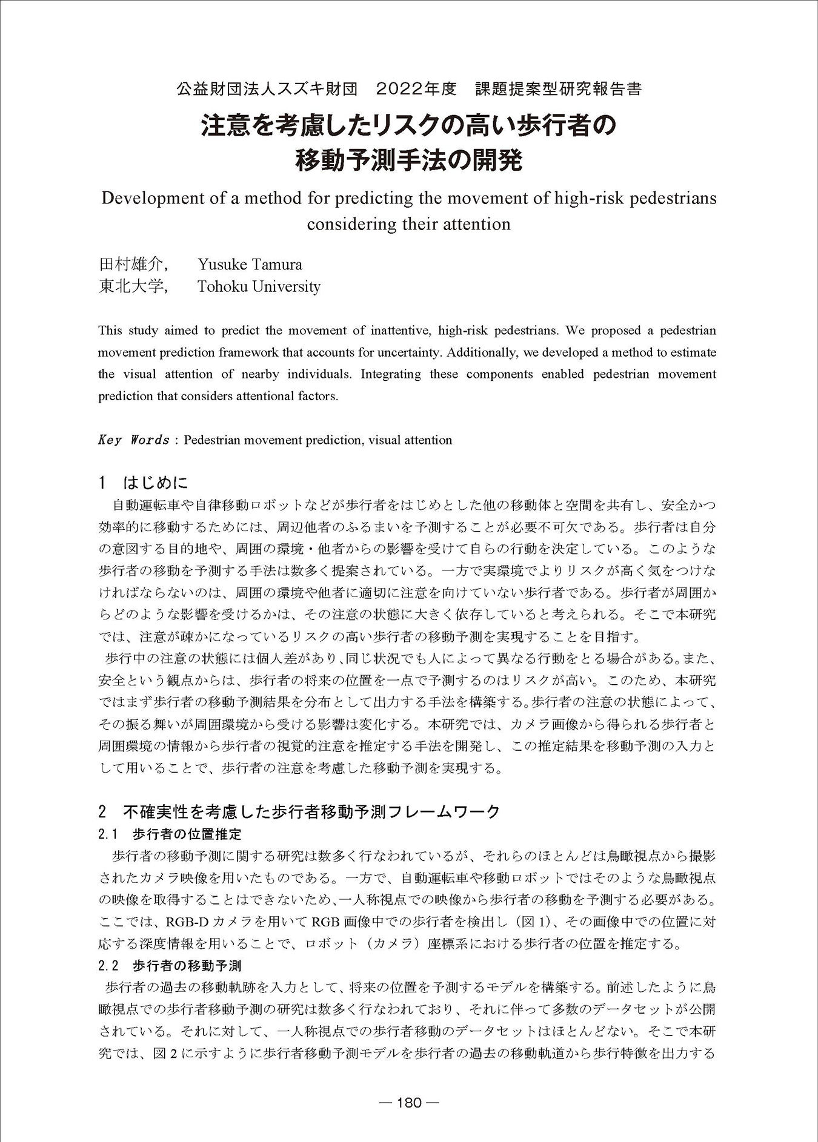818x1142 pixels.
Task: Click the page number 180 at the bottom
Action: [x=409, y=1102]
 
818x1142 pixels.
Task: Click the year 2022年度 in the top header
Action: [x=416, y=90]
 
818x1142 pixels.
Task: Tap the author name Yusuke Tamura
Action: [x=250, y=265]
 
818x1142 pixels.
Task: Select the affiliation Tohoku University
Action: [x=259, y=286]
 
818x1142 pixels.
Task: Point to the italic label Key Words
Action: [x=133, y=440]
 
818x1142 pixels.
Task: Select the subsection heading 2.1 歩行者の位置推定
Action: [x=170, y=834]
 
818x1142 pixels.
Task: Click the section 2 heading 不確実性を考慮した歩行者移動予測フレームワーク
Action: [x=299, y=811]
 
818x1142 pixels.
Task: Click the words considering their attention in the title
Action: [x=408, y=224]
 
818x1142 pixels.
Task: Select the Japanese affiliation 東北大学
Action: [x=131, y=286]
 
